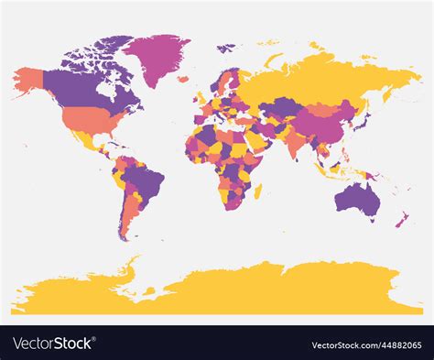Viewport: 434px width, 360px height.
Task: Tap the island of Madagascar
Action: pos(257,191)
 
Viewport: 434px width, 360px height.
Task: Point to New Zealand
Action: pos(401,220)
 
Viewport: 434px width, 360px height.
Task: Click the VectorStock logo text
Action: pos(53,344)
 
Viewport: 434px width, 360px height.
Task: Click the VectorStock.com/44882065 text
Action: pos(367,344)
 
